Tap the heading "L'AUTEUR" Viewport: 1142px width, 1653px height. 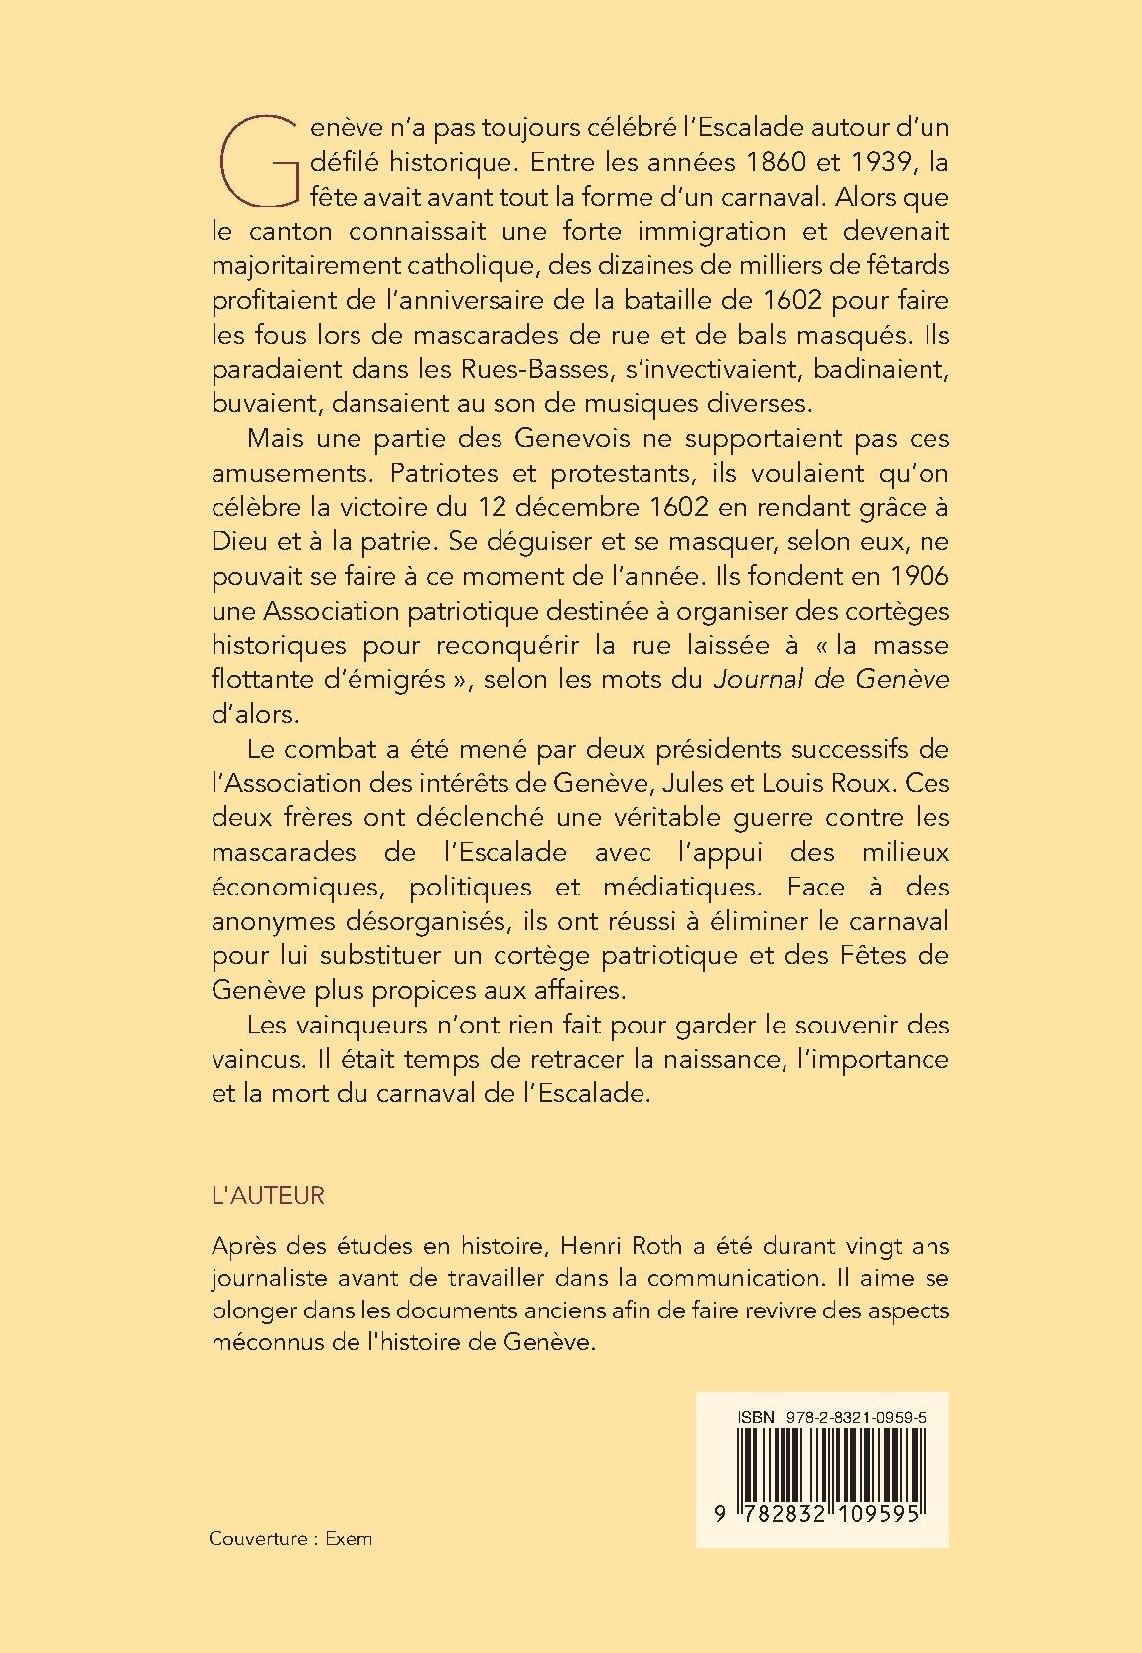[268, 1196]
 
